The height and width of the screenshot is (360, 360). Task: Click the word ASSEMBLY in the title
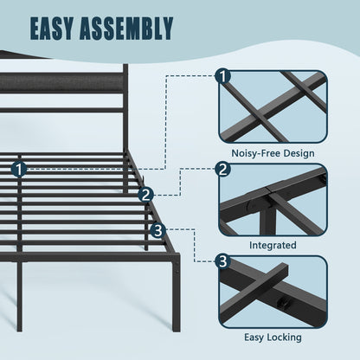point(126,29)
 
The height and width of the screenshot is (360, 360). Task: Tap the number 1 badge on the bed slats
point(19,170)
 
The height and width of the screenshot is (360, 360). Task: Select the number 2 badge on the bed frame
point(145,195)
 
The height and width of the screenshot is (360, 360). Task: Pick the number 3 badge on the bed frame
point(158,230)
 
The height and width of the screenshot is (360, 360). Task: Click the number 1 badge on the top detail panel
point(223,77)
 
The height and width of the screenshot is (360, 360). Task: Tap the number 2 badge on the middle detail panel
point(223,169)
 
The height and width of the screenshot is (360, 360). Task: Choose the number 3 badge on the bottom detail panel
point(223,261)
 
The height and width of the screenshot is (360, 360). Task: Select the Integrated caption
point(273,245)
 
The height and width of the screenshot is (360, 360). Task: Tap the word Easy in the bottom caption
point(254,337)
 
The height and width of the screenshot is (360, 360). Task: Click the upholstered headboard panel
point(61,82)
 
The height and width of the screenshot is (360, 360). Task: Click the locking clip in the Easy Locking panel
point(282,303)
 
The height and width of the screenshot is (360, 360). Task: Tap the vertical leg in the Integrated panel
point(267,222)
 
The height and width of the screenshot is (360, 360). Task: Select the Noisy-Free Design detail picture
point(273,106)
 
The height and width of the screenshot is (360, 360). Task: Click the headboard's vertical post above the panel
point(125,68)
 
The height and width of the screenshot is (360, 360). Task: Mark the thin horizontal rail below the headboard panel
point(61,110)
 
